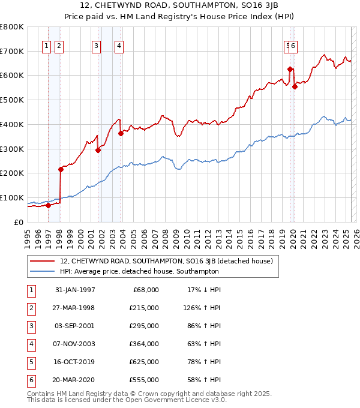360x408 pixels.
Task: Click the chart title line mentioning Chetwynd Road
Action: click(x=179, y=6)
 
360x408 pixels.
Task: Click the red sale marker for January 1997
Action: click(x=48, y=205)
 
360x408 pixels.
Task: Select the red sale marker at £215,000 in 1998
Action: click(x=61, y=169)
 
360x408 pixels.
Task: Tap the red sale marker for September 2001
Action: click(x=98, y=150)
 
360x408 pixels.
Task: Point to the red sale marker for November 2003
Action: click(x=121, y=133)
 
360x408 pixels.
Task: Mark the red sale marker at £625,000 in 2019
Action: click(x=290, y=69)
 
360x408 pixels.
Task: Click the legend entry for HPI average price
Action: click(x=139, y=271)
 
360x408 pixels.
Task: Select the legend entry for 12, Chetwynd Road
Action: click(x=166, y=261)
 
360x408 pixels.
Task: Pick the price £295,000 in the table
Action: click(x=143, y=326)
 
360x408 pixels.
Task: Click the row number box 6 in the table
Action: click(x=29, y=380)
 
